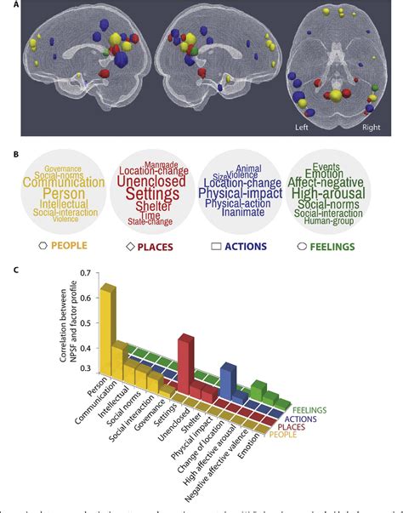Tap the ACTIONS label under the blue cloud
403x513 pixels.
[253, 246]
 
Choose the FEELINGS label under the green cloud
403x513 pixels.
[346, 246]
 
